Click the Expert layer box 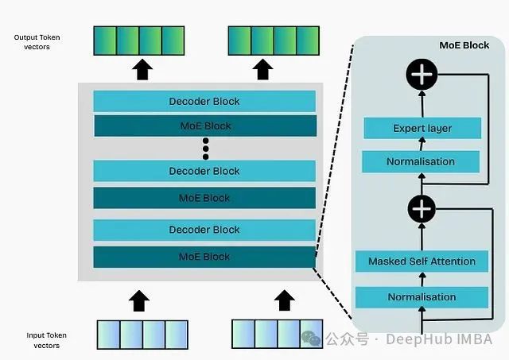422,128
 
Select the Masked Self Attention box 422,261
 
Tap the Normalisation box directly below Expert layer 422,162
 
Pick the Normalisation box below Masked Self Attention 422,296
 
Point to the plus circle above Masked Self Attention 421,208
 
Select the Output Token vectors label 37,42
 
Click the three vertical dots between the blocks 205,147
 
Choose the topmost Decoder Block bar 204,101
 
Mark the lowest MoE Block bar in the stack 204,257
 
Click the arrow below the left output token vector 141,69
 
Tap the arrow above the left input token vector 140,300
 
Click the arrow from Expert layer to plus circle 421,102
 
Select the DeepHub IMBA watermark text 439,339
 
